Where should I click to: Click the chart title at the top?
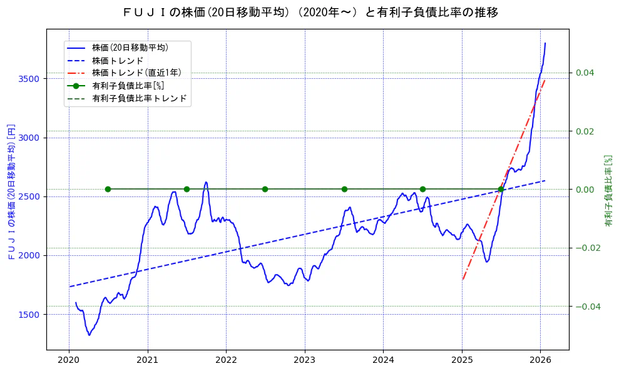click(309, 12)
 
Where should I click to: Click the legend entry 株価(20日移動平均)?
click(130, 47)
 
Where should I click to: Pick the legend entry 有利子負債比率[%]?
click(128, 86)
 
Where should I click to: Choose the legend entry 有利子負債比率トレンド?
click(139, 98)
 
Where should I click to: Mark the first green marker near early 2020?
click(108, 189)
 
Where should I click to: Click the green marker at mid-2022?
click(265, 189)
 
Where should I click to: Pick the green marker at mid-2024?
click(422, 189)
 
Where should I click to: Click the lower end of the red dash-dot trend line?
click(463, 279)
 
